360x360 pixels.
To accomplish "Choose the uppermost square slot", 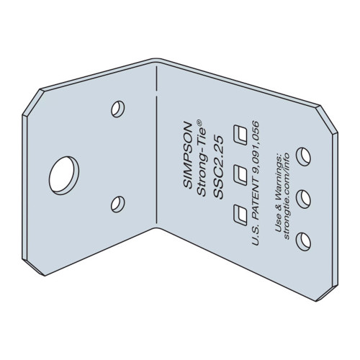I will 242,134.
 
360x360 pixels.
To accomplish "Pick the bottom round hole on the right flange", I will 303,239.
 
